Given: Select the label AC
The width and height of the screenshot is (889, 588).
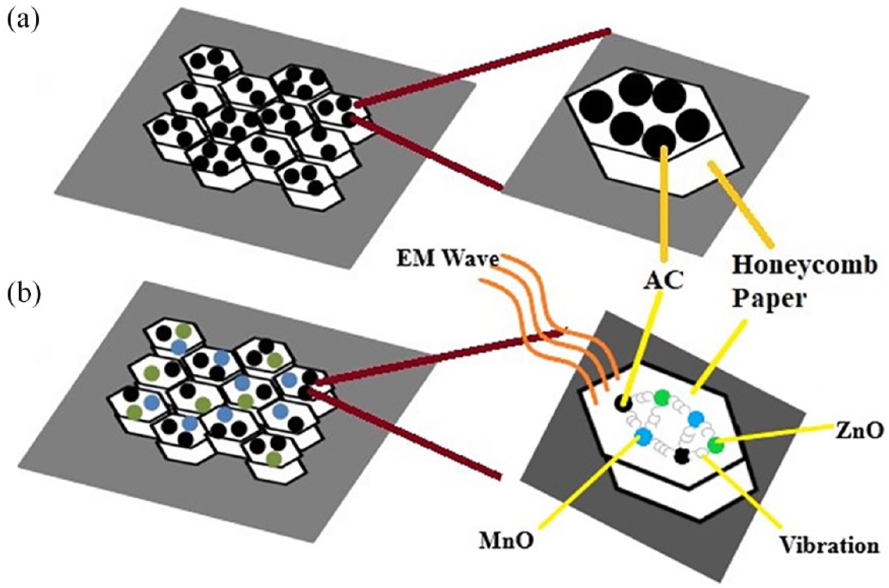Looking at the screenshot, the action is pos(663,281).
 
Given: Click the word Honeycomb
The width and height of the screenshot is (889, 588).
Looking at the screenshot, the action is pos(803,266).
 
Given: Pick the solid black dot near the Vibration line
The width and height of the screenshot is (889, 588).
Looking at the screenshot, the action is pos(681,456).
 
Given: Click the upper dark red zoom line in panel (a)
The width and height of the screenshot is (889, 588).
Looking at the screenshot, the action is pos(482,68).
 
